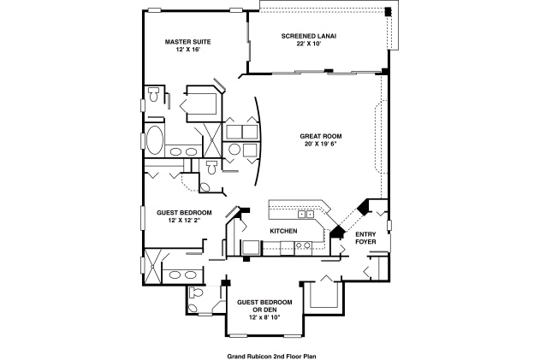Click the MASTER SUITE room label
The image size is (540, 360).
click(187, 41)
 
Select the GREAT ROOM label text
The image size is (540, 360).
click(321, 136)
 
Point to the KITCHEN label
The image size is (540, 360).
click(283, 232)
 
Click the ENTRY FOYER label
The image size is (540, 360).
click(365, 238)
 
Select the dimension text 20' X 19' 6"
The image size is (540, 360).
click(321, 145)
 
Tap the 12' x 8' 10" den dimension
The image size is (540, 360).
click(264, 317)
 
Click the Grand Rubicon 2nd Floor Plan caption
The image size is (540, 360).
click(271, 352)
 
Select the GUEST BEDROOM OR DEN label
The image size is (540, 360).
click(264, 305)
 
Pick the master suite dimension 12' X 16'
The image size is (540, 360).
click(187, 50)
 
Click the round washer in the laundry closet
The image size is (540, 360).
click(234, 150)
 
